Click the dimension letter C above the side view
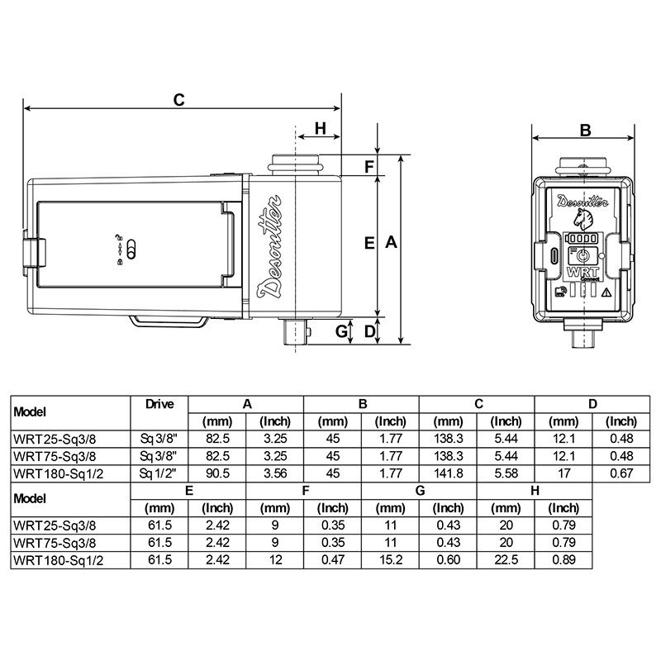point(178,99)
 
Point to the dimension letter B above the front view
point(585,130)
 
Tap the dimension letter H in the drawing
point(321,128)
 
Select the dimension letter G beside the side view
point(340,331)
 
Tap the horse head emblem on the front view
point(583,218)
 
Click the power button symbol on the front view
point(583,255)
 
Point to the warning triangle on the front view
point(606,292)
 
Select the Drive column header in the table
point(159,405)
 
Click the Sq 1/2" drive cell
point(159,472)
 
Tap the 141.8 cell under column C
point(449,472)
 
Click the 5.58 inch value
point(506,472)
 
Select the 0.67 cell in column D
point(621,472)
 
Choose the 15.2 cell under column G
point(391,559)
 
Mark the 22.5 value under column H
point(506,559)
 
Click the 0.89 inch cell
point(564,559)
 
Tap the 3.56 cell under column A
point(275,472)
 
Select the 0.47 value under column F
point(333,559)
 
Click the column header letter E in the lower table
point(189,491)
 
